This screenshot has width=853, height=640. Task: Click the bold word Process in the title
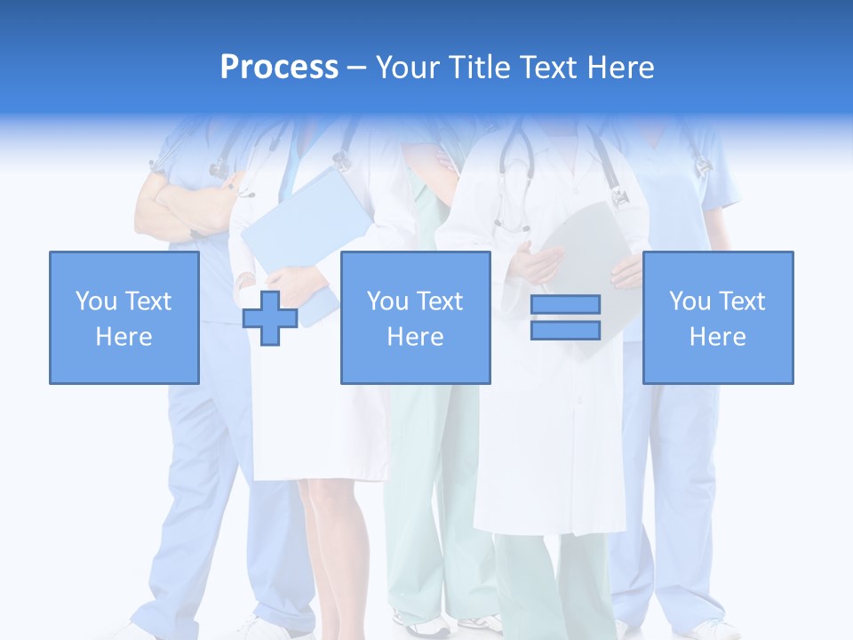279,68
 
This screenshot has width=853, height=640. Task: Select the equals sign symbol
565,317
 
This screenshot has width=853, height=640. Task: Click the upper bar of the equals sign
565,305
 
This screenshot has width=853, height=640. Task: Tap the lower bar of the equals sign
565,330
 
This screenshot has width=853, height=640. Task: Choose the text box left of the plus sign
124,317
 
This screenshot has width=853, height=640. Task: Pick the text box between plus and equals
415,317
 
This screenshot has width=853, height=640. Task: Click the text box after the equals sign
717,317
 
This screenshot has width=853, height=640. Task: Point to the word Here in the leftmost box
124,337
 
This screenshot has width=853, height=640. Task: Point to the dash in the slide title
357,68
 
